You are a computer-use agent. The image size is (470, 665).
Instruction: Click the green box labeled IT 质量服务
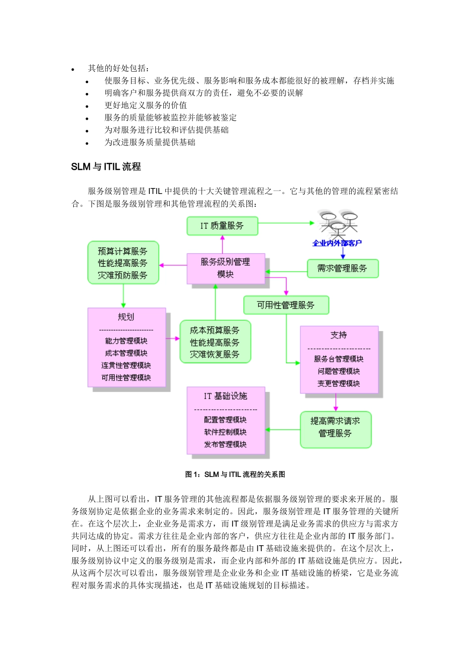222,226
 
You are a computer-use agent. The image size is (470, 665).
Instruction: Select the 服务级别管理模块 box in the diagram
226,268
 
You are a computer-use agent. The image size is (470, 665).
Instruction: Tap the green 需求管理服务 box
342,269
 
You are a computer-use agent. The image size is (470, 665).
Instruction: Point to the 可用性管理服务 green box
286,305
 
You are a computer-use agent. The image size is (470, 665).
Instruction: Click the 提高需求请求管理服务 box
335,427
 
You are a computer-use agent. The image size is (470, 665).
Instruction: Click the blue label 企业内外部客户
337,243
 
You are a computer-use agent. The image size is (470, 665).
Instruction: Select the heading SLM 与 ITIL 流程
106,167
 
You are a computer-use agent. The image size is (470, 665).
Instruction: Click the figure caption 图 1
235,475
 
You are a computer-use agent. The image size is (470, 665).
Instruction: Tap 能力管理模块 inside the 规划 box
126,341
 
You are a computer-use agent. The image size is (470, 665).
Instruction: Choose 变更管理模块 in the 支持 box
339,383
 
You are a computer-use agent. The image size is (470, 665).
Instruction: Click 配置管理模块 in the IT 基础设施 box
225,420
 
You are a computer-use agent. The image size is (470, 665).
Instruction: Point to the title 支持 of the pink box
339,335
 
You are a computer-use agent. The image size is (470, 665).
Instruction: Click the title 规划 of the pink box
126,317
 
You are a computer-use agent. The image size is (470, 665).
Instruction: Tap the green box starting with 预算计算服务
123,263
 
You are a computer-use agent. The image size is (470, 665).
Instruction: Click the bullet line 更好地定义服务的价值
145,105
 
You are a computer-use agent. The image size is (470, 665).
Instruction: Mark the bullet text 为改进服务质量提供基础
149,142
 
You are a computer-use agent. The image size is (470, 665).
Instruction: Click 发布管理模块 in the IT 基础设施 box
225,444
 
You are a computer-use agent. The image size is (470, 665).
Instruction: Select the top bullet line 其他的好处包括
119,68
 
